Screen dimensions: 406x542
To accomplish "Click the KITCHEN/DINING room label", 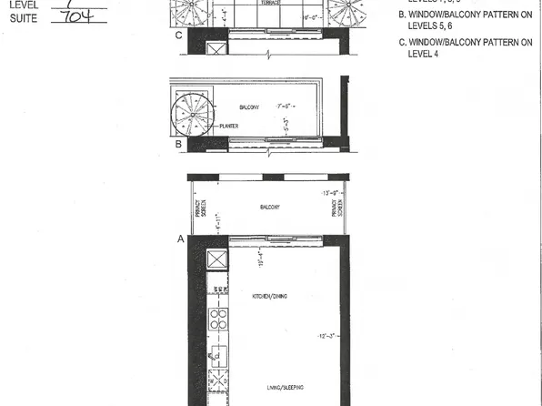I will tap(269, 297).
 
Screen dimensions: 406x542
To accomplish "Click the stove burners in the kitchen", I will tap(220, 320).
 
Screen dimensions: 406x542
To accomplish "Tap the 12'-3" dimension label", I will tap(326, 337).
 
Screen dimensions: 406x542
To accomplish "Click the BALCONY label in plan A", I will tap(269, 208).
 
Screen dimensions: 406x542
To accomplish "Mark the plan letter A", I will tap(179, 239).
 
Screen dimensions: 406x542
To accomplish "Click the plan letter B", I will tap(179, 144).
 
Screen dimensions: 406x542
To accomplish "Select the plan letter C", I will tap(179, 36).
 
